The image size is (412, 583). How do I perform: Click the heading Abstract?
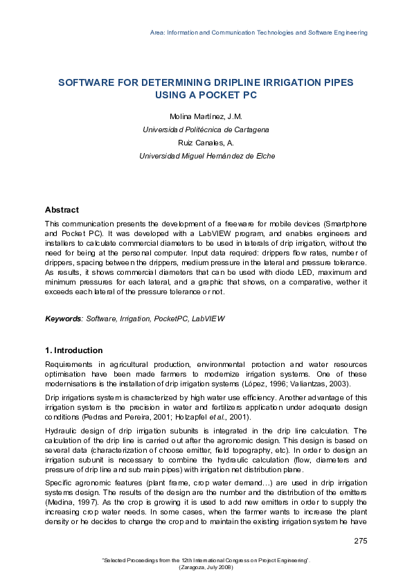point(62,210)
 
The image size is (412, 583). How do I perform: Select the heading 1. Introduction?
point(73,350)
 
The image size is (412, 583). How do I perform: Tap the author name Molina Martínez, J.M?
point(206,116)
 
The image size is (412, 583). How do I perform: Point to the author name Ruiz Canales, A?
point(206,143)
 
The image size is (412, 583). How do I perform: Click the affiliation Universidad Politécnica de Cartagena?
point(206,129)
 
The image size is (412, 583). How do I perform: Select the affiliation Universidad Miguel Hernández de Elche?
point(206,156)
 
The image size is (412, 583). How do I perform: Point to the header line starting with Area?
point(258,33)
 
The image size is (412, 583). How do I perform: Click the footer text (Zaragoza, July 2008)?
point(206,567)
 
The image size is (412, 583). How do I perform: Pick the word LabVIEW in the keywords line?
point(208,319)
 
